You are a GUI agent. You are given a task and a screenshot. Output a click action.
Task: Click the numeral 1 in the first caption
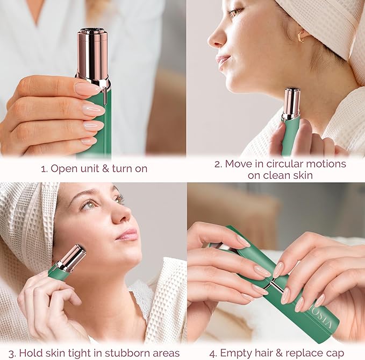[x=43, y=168]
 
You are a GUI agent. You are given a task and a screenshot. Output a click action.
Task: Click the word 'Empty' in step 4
[x=238, y=353]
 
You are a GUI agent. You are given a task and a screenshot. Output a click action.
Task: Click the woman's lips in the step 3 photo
[x=128, y=235]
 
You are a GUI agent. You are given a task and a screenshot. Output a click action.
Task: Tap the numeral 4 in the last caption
[x=213, y=353]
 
